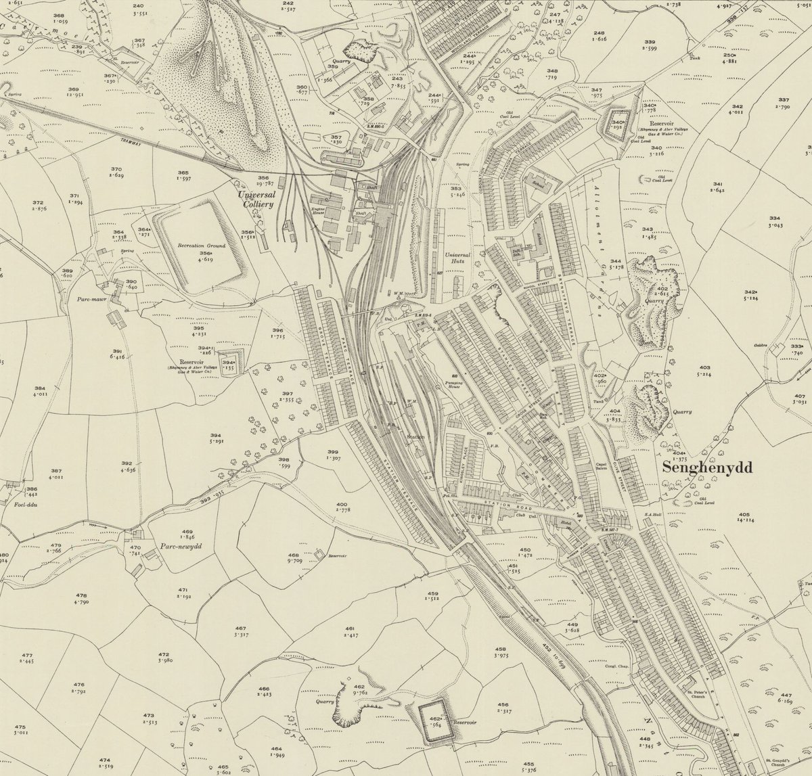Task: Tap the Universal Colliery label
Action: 256,200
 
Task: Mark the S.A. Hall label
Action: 652,514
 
